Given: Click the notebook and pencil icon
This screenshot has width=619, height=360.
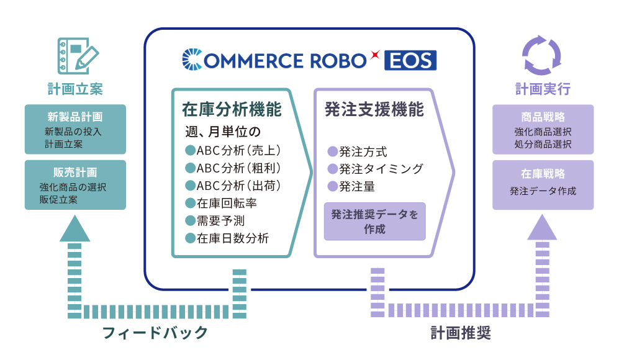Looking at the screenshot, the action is pos(78,56).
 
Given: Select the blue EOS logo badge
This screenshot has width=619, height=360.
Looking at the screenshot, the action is pos(410,60).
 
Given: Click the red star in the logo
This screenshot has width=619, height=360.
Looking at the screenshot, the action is pos(375,54).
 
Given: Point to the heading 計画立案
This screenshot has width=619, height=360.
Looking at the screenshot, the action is pos(75,89).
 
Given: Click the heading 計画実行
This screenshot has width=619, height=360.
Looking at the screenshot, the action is pos(543,89).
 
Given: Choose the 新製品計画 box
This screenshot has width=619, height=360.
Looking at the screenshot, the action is pos(75,130).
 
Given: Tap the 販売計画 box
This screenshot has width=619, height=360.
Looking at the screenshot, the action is pos(75,185).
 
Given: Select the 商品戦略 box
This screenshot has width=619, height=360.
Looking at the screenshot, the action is pos(543,130).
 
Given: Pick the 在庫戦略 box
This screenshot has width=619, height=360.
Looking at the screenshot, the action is pos(543,185).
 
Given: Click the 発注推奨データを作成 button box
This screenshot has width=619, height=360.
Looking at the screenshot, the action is pos(374,222).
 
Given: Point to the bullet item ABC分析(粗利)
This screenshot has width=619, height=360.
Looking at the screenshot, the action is pos(233,168).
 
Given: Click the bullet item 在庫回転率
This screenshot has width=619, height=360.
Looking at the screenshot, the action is pos(221,204).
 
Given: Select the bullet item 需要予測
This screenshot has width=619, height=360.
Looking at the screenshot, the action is pos(215,221).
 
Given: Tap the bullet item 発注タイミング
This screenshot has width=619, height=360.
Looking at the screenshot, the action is pos(376,169).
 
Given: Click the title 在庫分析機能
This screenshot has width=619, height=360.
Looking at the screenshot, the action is pos(232,109).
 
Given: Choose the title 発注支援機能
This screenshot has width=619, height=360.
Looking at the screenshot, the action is pos(374,109).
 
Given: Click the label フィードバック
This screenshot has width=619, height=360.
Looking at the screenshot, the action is pos(155,333).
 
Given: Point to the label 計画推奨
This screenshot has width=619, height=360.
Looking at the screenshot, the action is pos(461,333).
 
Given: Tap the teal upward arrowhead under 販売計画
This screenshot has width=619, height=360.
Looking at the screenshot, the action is pos(75,228).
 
